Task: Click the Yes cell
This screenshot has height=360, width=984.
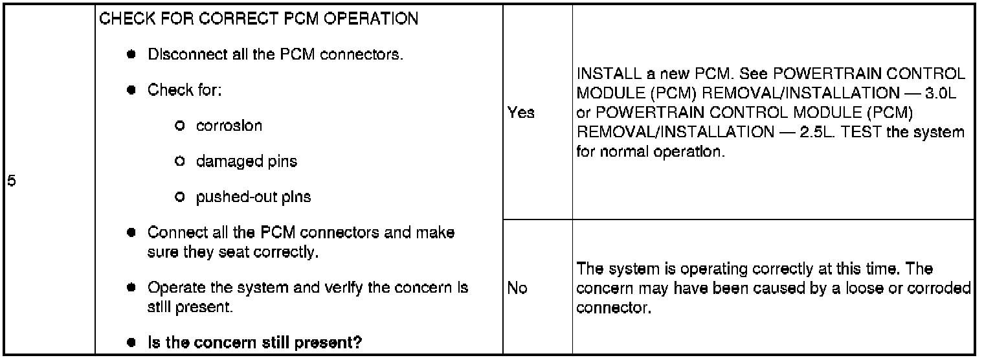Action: tap(522, 112)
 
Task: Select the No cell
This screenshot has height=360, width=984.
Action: tap(518, 288)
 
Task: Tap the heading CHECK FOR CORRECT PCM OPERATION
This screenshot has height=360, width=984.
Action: tap(258, 18)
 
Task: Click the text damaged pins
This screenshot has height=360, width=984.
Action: tap(247, 161)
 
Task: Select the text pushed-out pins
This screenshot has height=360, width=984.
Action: tap(253, 197)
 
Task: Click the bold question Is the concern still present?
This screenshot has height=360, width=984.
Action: tap(254, 343)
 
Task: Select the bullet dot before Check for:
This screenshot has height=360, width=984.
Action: tap(131, 90)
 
